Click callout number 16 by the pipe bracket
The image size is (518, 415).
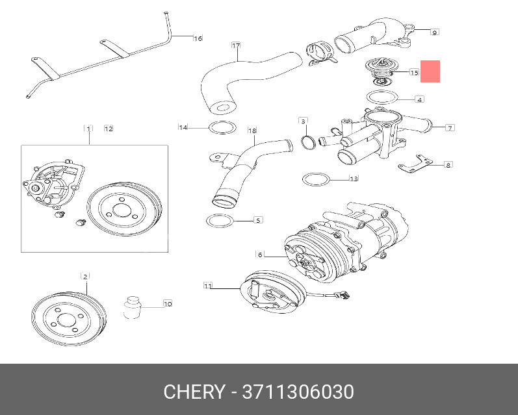pyautogui.click(x=198, y=38)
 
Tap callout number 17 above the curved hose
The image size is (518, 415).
pyautogui.click(x=236, y=45)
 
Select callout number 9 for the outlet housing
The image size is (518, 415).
pyautogui.click(x=435, y=31)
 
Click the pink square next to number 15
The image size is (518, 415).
pyautogui.click(x=430, y=71)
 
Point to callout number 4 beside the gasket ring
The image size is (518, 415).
pyautogui.click(x=420, y=99)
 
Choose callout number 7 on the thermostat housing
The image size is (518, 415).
pyautogui.click(x=450, y=127)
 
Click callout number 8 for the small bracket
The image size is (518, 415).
pyautogui.click(x=448, y=165)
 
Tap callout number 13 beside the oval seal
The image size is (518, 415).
pyautogui.click(x=354, y=179)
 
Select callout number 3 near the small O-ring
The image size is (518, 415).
pyautogui.click(x=303, y=121)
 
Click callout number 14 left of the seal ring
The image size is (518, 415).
pyautogui.click(x=183, y=127)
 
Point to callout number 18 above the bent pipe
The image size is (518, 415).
pyautogui.click(x=252, y=131)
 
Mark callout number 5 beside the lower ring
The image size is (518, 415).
pyautogui.click(x=258, y=220)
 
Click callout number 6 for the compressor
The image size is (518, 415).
pyautogui.click(x=259, y=254)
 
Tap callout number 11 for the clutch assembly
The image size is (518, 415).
pyautogui.click(x=208, y=285)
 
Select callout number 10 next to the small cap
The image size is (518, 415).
pyautogui.click(x=167, y=303)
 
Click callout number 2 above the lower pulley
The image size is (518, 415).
pyautogui.click(x=84, y=276)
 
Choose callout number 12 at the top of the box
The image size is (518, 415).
pyautogui.click(x=109, y=129)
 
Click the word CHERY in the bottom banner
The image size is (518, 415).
pyautogui.click(x=193, y=392)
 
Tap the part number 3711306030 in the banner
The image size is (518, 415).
pyautogui.click(x=298, y=392)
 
